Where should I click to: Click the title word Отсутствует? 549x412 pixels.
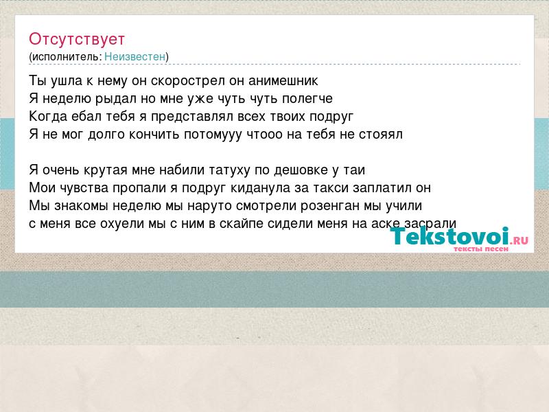coord(77,39)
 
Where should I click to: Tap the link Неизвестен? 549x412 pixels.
coord(135,56)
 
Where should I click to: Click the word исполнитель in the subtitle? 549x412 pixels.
coord(66,57)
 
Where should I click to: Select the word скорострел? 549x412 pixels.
coord(188,81)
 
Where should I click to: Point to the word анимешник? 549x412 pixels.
coord(283,81)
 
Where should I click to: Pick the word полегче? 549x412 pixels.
coord(307,99)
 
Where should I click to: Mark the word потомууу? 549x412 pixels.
coord(213,135)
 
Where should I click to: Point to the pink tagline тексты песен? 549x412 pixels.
coord(481,249)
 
